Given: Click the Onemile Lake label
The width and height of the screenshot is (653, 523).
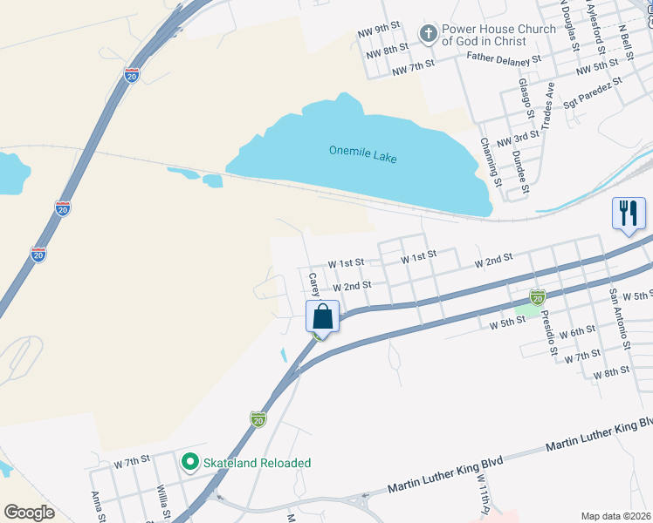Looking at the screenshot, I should pyautogui.click(x=362, y=151).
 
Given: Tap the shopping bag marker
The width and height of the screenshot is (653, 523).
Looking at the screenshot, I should pyautogui.click(x=322, y=316).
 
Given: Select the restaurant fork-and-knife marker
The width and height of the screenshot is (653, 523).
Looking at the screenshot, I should pyautogui.click(x=629, y=214).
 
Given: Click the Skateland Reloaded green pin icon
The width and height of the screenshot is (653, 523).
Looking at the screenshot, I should pyautogui.click(x=189, y=462).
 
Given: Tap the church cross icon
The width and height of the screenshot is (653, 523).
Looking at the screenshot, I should pyautogui.click(x=428, y=35).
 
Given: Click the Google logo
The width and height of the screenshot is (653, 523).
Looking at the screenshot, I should pyautogui.click(x=29, y=513).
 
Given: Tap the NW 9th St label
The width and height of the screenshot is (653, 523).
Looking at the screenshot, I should pyautogui.click(x=379, y=33).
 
